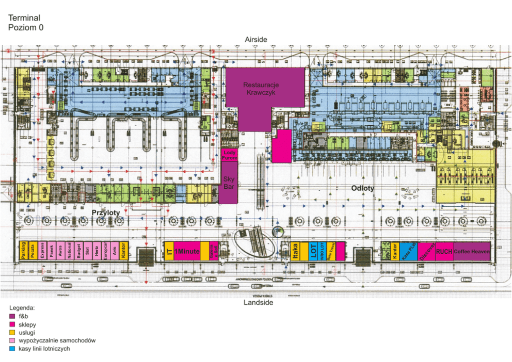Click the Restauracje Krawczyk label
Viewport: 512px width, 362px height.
pyautogui.click(x=261, y=88)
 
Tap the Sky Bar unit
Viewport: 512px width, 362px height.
pyautogui.click(x=229, y=183)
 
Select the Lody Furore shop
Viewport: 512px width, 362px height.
pyautogui.click(x=230, y=155)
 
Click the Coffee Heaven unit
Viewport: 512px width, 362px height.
pyautogui.click(x=472, y=251)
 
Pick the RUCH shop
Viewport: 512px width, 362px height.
pyautogui.click(x=444, y=251)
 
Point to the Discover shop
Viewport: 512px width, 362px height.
pyautogui.click(x=426, y=251)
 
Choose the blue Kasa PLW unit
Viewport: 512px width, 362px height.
pyautogui.click(x=408, y=251)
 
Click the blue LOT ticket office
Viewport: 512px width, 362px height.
pyautogui.click(x=313, y=251)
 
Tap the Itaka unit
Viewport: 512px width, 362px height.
pyautogui.click(x=296, y=251)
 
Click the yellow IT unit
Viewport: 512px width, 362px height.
pyautogui.click(x=168, y=251)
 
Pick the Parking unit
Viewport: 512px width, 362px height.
pyautogui.click(x=23, y=251)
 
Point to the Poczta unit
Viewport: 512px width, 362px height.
pyautogui.click(x=33, y=251)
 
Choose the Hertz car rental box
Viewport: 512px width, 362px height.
pyautogui.click(x=97, y=251)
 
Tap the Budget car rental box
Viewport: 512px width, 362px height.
pyautogui.click(x=78, y=251)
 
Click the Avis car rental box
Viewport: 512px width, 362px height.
pyautogui.click(x=114, y=251)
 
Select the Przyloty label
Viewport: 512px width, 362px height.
pyautogui.click(x=106, y=212)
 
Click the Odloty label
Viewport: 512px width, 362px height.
pyautogui.click(x=363, y=188)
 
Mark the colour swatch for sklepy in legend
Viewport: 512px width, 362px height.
pyautogui.click(x=12, y=325)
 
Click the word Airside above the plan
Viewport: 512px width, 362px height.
pyautogui.click(x=257, y=40)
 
